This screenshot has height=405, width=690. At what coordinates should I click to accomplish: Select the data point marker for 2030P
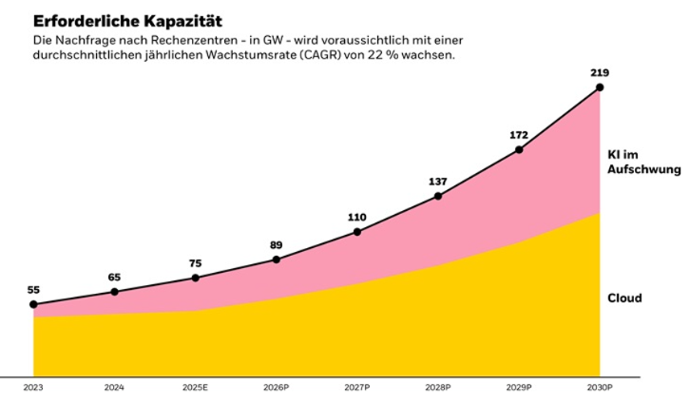600,87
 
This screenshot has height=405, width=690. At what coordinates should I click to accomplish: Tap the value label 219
600,72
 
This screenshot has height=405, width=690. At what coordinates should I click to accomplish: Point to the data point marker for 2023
34,305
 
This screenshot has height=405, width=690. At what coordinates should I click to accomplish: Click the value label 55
34,290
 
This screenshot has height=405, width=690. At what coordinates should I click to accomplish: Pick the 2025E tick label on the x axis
196,388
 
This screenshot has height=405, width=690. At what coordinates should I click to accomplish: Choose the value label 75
196,263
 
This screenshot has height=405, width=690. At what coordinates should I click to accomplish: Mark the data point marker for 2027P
357,231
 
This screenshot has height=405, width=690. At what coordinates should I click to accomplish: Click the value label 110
357,217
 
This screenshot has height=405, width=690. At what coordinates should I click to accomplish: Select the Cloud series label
624,299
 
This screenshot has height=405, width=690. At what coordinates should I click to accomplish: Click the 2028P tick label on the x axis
438,388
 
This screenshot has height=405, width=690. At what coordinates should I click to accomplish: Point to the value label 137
438,182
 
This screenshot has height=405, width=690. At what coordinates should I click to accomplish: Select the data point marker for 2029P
519,149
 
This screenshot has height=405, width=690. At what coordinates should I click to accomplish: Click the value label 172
519,135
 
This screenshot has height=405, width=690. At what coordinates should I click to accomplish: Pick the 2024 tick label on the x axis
115,388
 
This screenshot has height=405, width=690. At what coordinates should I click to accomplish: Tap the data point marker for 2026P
277,260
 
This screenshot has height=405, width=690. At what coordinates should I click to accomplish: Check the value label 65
115,278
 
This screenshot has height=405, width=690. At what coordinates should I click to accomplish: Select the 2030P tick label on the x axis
600,388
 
